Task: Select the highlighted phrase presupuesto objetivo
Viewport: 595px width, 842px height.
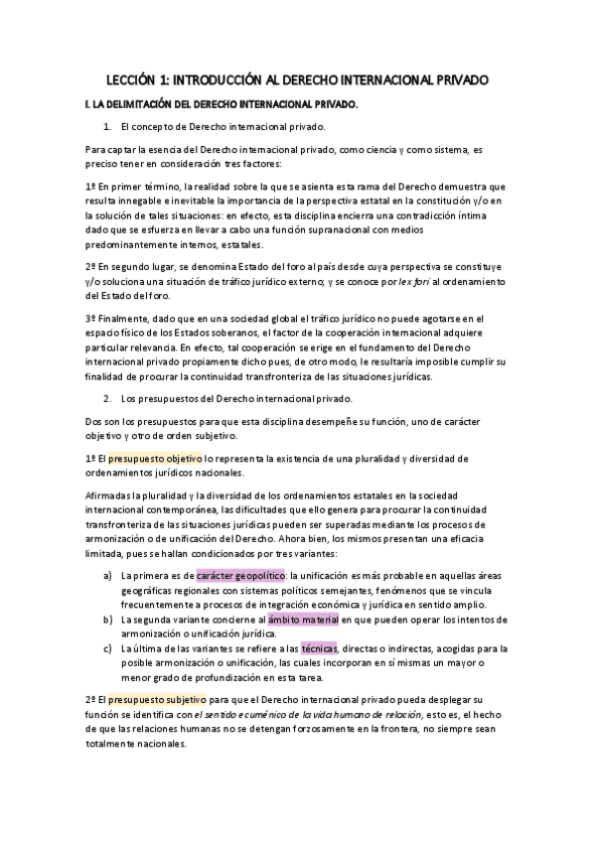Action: tap(154, 459)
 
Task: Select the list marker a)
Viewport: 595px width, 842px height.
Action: tap(107, 575)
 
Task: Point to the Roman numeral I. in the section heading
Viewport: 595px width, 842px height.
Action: tap(89, 103)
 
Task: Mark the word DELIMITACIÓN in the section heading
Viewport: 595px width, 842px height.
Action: tap(148, 103)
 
